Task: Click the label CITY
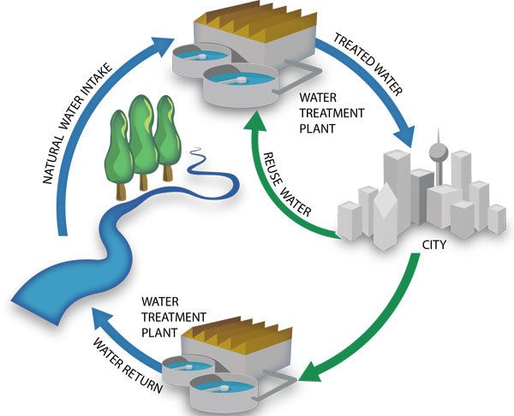click(x=434, y=244)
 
